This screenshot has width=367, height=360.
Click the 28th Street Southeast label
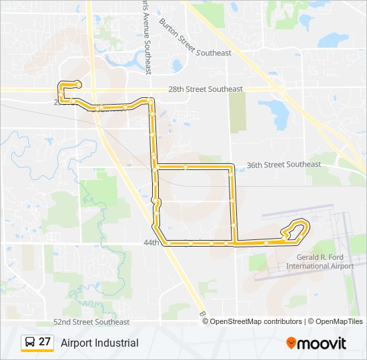coord(205,89)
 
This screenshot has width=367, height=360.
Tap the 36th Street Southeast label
coord(284,164)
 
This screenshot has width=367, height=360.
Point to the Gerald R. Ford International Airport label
coord(320,261)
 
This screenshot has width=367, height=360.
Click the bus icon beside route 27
coord(29,343)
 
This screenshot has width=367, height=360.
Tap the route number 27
coord(45,342)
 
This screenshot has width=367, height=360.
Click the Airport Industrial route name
coord(99,343)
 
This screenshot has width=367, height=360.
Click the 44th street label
coord(151,243)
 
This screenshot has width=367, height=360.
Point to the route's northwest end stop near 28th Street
coord(79,84)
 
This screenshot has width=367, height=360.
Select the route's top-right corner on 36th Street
coord(232,165)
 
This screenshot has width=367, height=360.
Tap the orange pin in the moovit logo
coord(292,342)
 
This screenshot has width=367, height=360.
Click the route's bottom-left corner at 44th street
coord(165,242)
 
